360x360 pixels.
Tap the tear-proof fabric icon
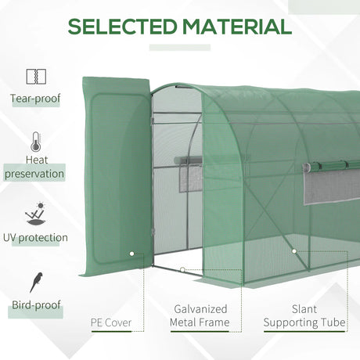pos(36,76)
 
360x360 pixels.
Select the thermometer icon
pos(36,143)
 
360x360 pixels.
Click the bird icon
pos(36,281)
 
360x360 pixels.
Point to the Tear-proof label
pos(36,99)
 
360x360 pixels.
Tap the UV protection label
pos(36,237)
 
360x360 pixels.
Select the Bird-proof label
pos(36,304)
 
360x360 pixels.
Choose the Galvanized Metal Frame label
pos(199,315)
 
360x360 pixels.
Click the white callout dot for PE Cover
pos(131,254)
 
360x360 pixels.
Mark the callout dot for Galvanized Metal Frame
pos(182,270)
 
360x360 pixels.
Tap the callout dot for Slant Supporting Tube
pos(293,252)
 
